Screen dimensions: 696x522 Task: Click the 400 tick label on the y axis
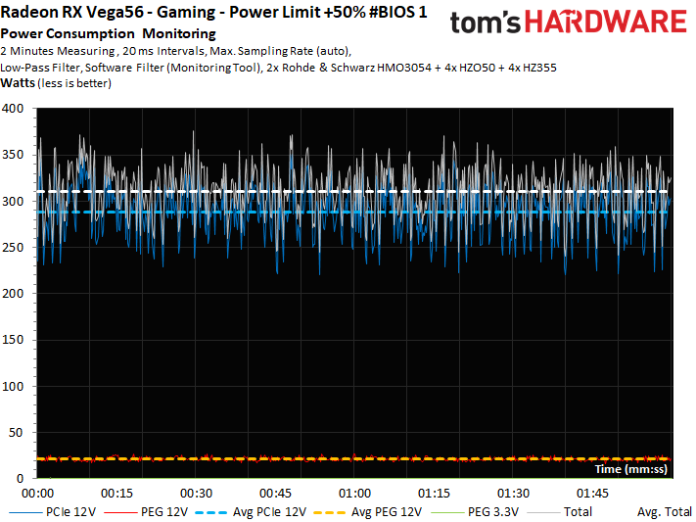pos(13,109)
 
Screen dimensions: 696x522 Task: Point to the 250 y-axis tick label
pos(13,248)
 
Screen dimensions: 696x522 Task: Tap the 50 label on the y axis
pos(16,432)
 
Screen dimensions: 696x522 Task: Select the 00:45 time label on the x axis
pos(275,494)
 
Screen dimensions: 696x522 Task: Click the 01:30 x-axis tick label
pos(513,494)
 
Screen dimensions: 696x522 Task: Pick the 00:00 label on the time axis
pos(38,494)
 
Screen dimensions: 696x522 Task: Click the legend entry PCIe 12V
pos(53,512)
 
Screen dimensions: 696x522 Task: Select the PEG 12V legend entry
pos(151,512)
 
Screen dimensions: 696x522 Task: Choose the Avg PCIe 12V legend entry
pos(251,512)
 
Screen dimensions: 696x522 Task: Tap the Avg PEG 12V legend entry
pos(368,512)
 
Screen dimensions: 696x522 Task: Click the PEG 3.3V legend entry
pos(475,512)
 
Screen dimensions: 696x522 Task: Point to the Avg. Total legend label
pos(665,512)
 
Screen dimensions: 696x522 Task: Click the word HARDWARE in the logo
pos(606,22)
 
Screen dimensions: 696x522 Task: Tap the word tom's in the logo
pos(485,23)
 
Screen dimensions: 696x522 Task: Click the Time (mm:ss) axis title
pos(630,469)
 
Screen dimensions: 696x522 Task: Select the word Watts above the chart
pos(18,83)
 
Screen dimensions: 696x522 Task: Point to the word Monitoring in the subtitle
pos(179,33)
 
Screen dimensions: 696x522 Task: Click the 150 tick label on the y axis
pos(13,340)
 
